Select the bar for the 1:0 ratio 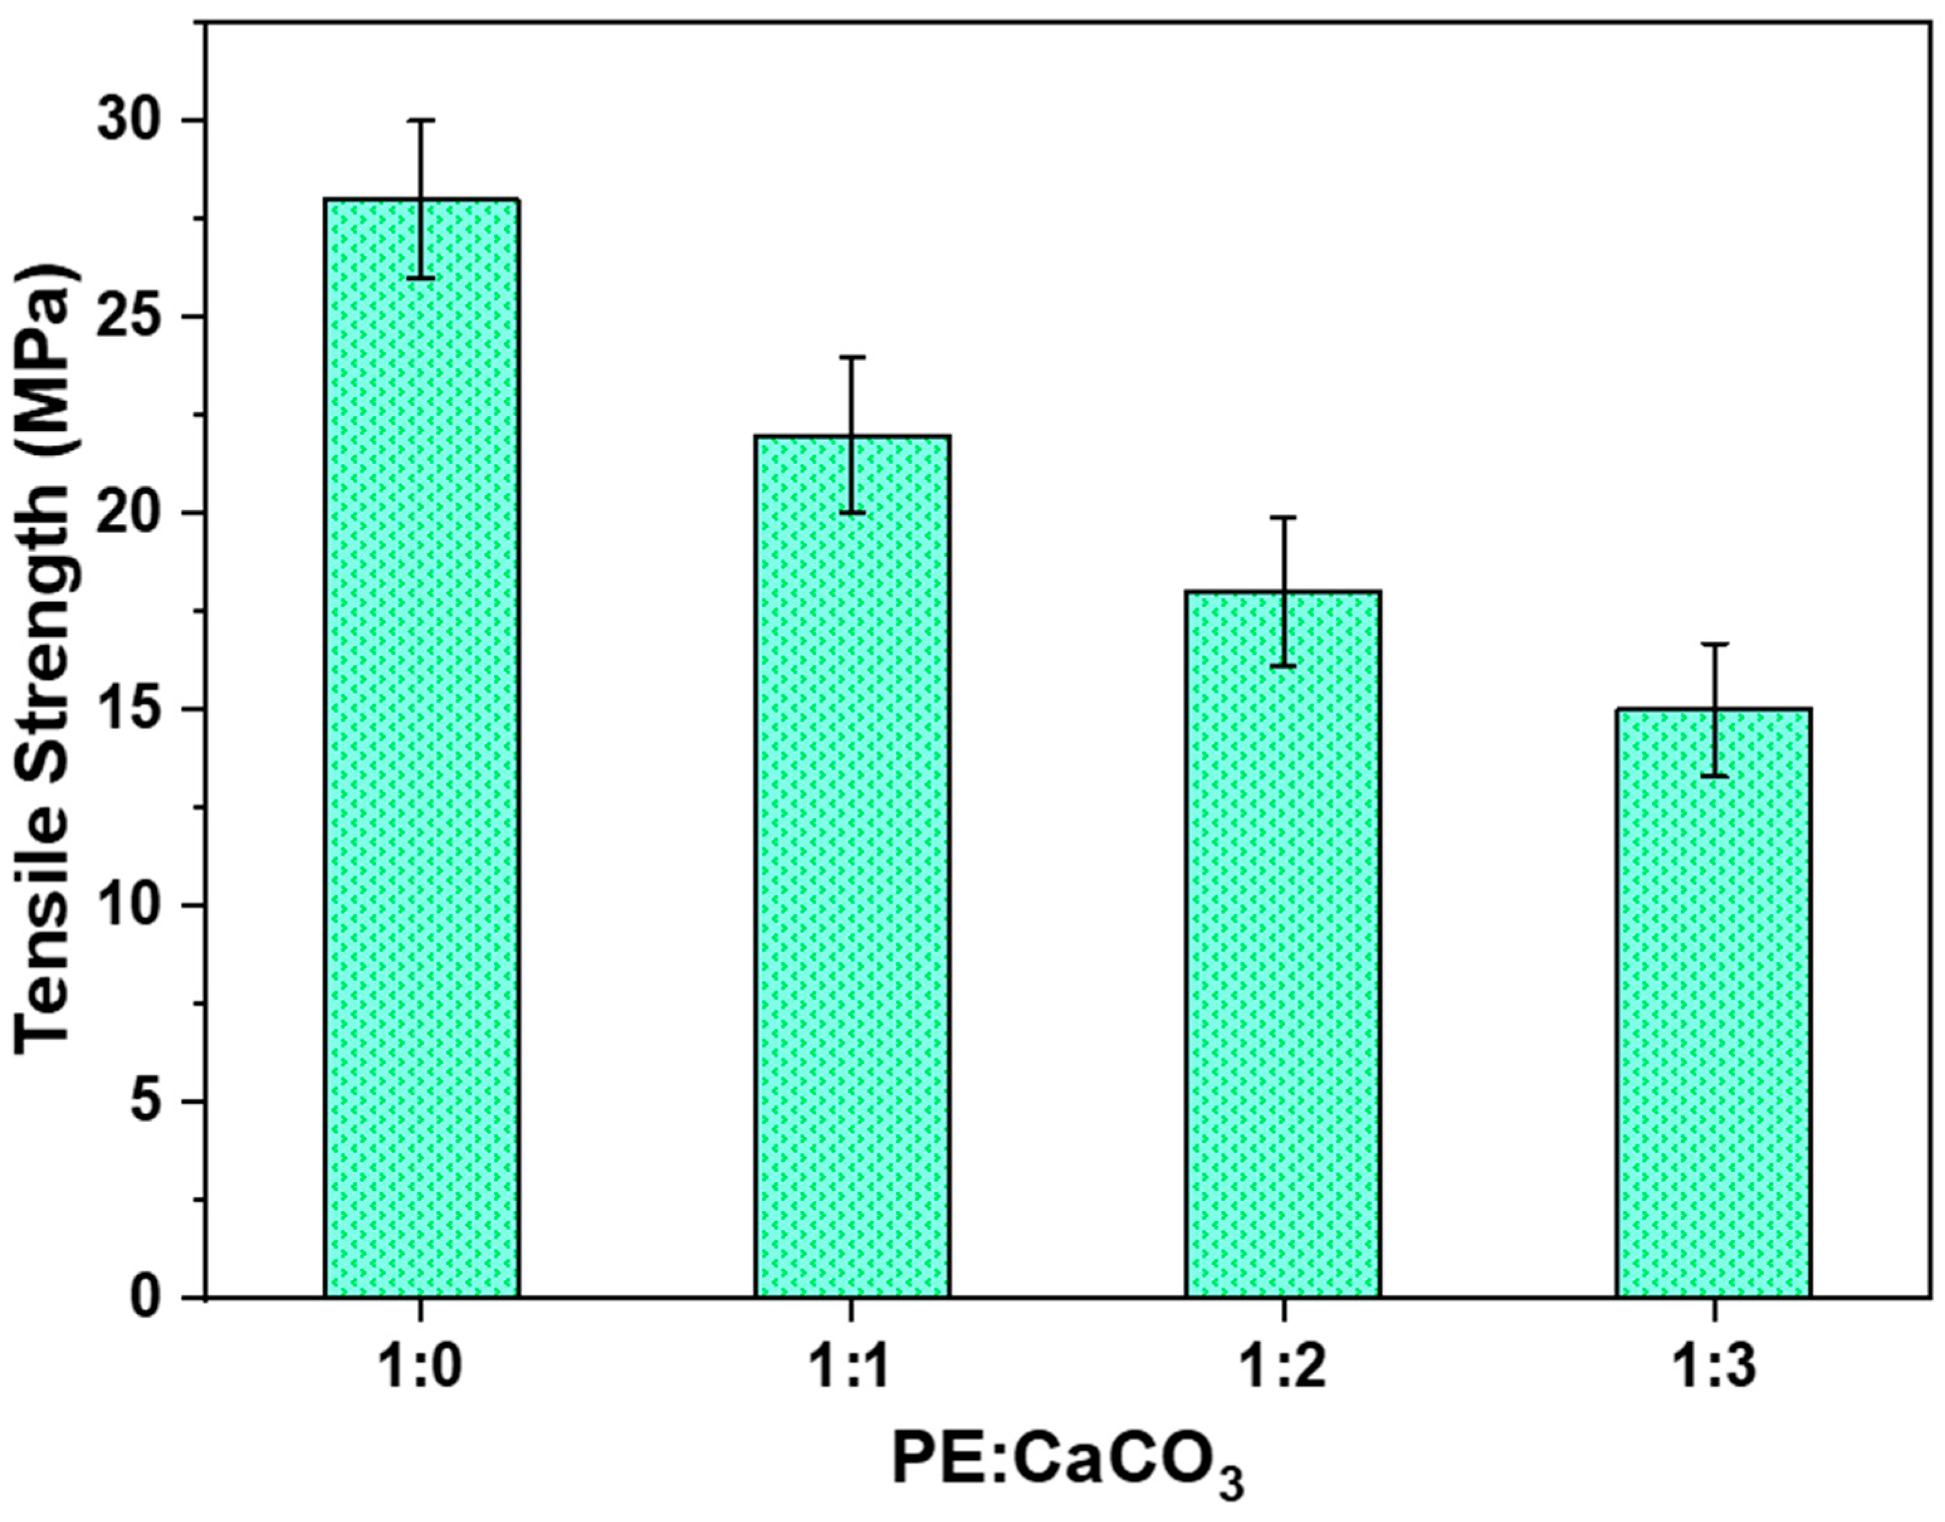click(x=422, y=748)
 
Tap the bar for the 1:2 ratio click(x=1283, y=944)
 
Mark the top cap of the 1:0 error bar click(x=422, y=119)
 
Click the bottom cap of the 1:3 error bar click(x=1713, y=776)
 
